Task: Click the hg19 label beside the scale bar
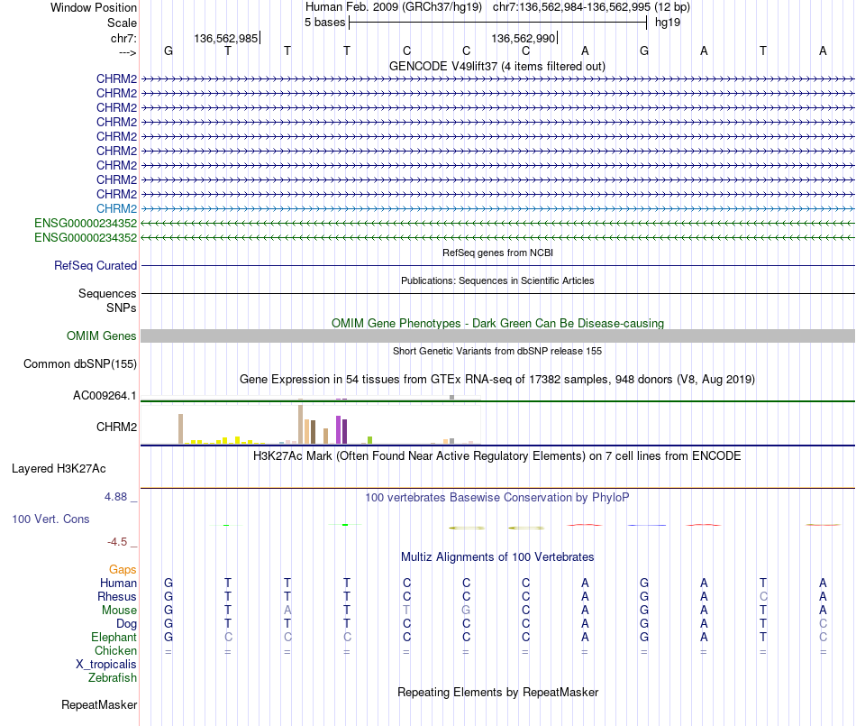point(668,22)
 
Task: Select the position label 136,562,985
point(226,38)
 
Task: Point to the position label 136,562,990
point(523,38)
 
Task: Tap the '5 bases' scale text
point(324,22)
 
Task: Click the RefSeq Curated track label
point(96,266)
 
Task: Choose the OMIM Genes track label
point(102,336)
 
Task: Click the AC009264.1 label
point(105,396)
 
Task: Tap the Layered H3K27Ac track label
point(59,469)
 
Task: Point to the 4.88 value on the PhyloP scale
point(119,497)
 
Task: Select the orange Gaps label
point(123,570)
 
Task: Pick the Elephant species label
point(114,637)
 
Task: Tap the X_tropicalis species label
point(106,664)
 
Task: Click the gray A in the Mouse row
point(287,610)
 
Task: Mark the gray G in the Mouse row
point(466,610)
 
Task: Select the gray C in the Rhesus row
point(763,596)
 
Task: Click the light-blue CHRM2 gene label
point(116,208)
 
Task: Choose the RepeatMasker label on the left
point(99,704)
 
